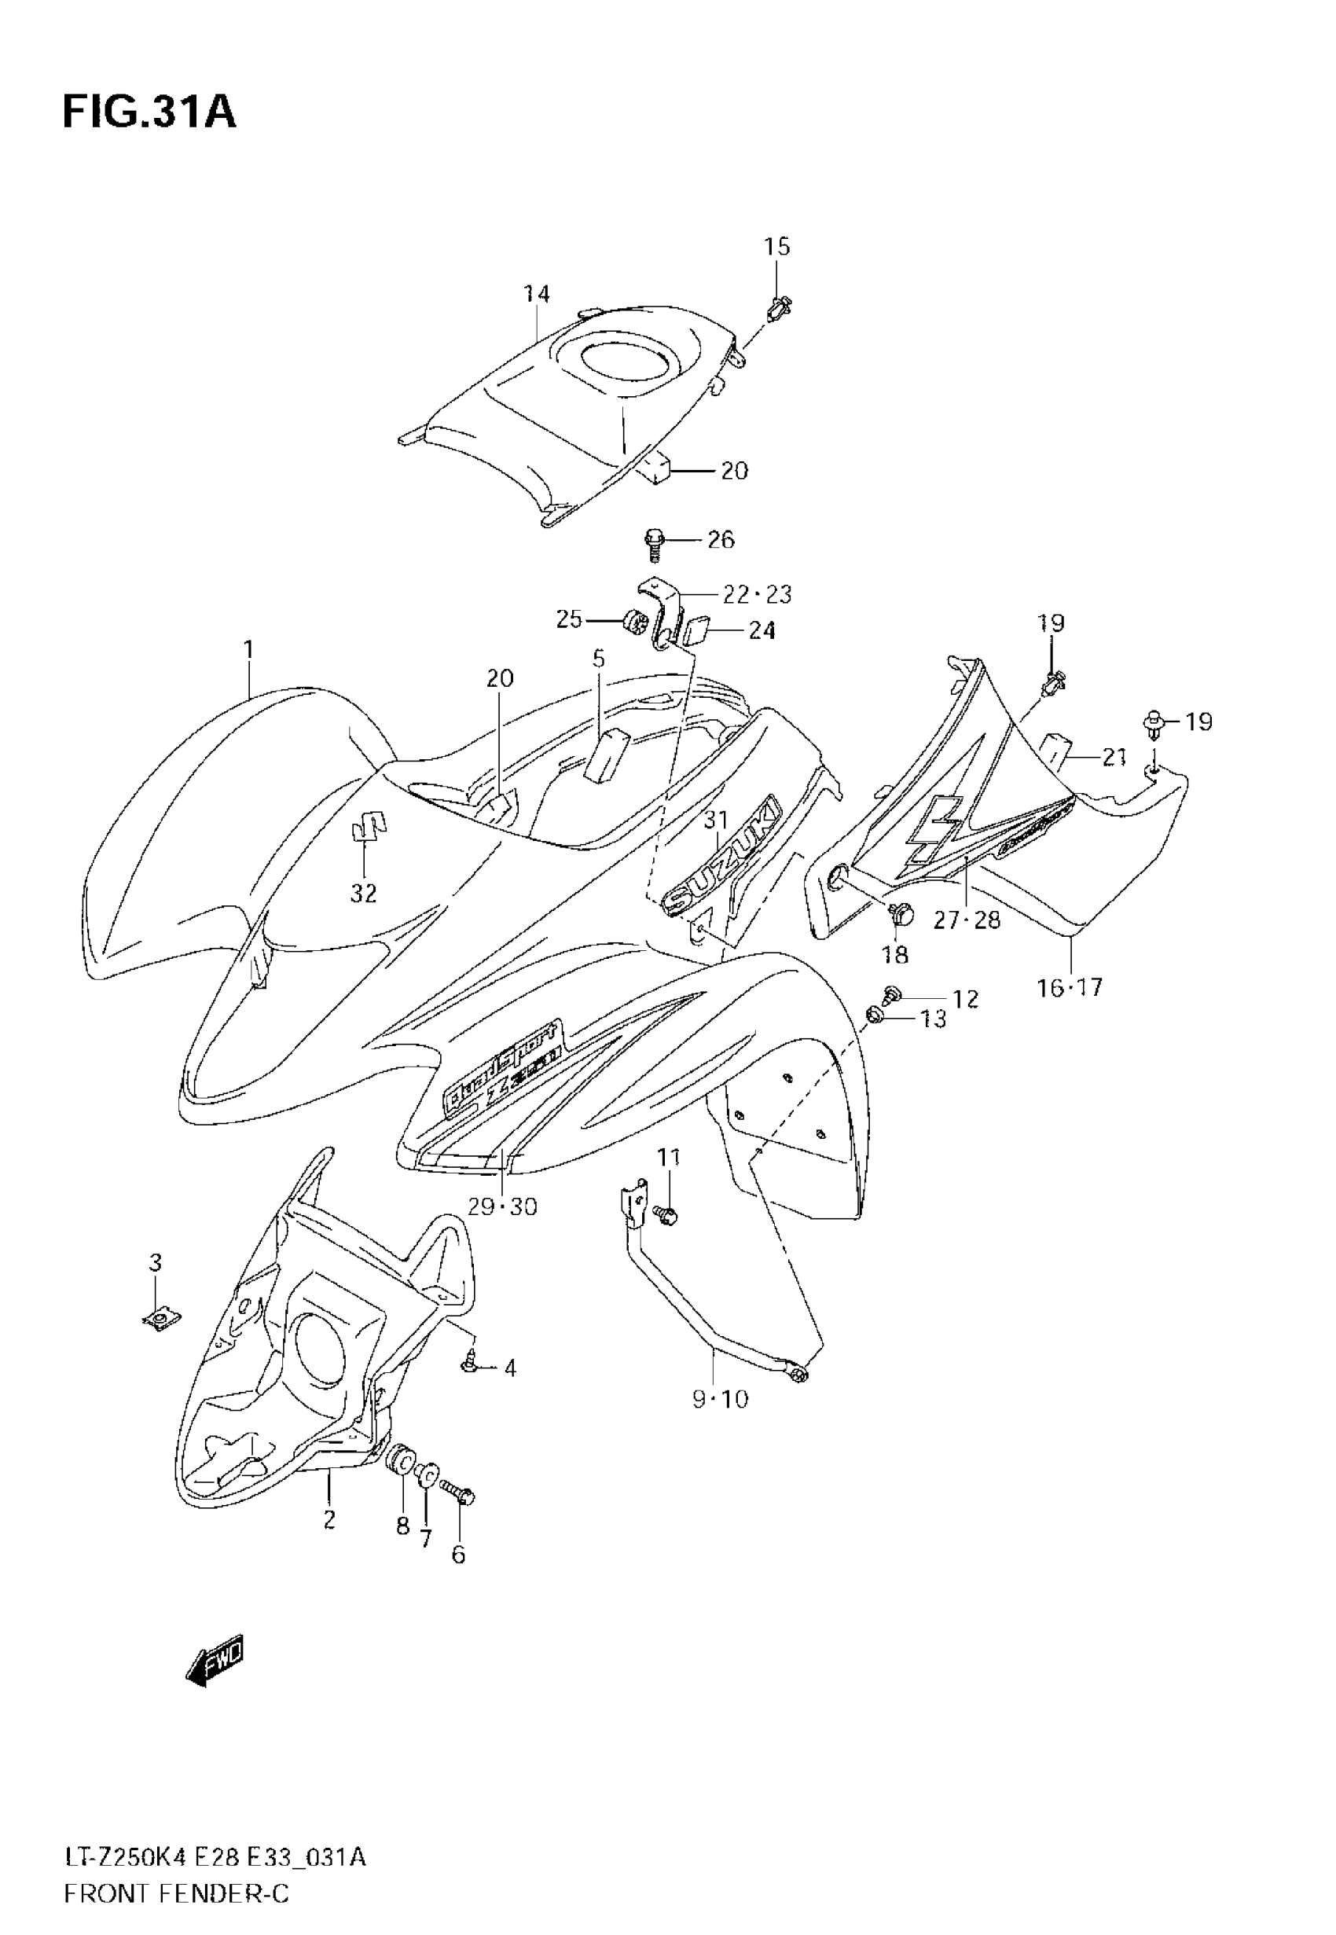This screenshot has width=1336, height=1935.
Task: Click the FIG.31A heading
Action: (x=149, y=112)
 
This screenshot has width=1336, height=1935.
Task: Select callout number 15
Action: (x=776, y=247)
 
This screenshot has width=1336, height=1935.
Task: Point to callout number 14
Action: (x=537, y=294)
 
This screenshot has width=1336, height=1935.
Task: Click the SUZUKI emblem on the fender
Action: (x=721, y=856)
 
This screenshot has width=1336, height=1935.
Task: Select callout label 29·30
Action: (x=501, y=1207)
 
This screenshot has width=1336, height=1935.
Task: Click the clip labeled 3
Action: (x=156, y=1320)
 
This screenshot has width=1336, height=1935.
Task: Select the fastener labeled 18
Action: (x=901, y=914)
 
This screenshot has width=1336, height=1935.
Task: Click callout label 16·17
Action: (x=1070, y=989)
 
